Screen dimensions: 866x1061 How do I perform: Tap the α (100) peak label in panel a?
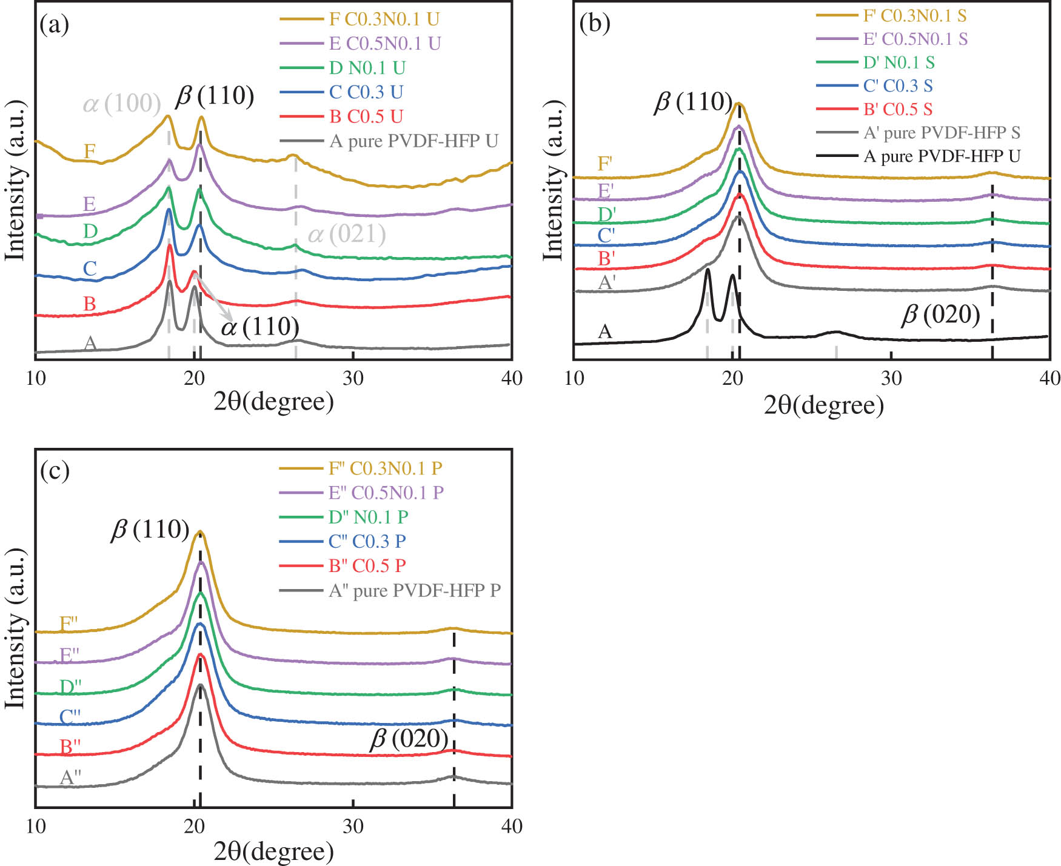(x=122, y=104)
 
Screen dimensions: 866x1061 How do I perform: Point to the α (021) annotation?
(x=347, y=234)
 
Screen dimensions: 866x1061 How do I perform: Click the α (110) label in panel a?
(x=260, y=327)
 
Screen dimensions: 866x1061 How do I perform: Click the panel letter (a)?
(x=54, y=24)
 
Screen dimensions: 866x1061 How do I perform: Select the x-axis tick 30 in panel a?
(x=353, y=379)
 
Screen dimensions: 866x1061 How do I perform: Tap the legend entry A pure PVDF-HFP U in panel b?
(x=942, y=156)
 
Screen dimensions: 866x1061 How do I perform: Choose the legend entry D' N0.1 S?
(x=899, y=62)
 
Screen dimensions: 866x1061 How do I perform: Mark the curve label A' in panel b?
(x=607, y=282)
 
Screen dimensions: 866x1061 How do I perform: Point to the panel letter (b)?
(x=595, y=23)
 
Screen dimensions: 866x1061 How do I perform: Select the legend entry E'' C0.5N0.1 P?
(x=386, y=492)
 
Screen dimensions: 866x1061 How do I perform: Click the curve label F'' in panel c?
(x=69, y=624)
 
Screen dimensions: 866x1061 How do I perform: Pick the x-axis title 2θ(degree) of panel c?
(x=273, y=851)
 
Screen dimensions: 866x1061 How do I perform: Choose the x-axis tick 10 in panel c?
(x=36, y=827)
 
